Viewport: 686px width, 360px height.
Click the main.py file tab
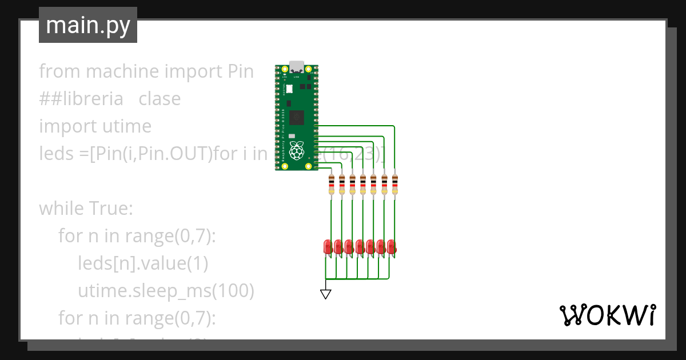(88, 25)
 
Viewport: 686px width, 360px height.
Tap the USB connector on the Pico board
(297, 67)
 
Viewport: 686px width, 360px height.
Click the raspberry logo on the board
(296, 151)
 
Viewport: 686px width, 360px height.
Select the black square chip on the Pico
(297, 118)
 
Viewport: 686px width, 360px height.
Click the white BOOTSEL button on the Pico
(289, 89)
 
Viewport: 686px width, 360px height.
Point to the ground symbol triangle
(326, 294)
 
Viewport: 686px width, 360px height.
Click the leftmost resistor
(332, 185)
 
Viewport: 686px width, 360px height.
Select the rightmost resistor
(394, 185)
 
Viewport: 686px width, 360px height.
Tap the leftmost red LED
(328, 247)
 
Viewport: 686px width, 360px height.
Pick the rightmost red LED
(391, 247)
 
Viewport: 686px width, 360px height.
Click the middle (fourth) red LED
(359, 247)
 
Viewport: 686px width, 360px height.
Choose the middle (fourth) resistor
(363, 185)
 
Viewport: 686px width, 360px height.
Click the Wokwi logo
(607, 315)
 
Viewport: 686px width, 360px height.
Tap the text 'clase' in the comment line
(159, 98)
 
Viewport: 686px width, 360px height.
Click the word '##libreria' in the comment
(81, 98)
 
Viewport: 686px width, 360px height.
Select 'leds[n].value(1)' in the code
(143, 263)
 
